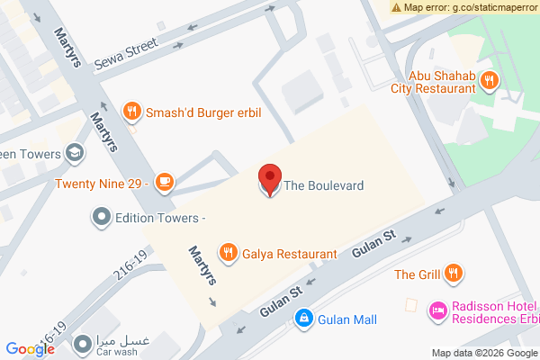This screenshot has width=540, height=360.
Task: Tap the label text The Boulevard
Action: click(x=324, y=186)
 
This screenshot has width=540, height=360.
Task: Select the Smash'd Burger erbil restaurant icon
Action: click(x=132, y=111)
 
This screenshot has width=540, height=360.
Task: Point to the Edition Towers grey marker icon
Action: click(x=102, y=217)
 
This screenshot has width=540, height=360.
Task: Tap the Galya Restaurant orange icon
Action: click(x=229, y=254)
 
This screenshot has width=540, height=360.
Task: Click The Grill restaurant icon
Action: click(x=454, y=273)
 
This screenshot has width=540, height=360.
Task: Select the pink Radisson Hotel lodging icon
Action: click(x=439, y=310)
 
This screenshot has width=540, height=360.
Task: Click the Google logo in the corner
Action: click(x=30, y=348)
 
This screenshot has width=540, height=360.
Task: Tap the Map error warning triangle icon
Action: click(x=397, y=7)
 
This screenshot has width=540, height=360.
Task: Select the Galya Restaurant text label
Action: click(x=290, y=255)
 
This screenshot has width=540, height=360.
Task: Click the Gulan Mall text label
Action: click(x=346, y=319)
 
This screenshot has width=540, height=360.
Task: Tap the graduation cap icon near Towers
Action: click(x=76, y=154)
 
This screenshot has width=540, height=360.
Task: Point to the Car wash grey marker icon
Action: click(x=83, y=343)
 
